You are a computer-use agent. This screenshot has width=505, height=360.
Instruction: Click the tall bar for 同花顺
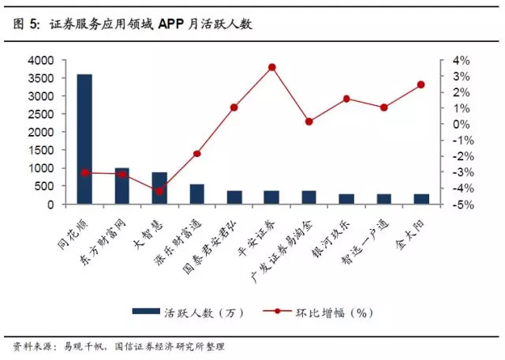(x=84, y=139)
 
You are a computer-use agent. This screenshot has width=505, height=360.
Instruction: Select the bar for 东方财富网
(x=122, y=186)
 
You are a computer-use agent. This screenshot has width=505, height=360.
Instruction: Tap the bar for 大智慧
(x=159, y=189)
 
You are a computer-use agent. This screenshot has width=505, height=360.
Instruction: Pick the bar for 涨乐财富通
(x=196, y=194)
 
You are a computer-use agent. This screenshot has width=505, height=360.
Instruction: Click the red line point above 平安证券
(x=271, y=67)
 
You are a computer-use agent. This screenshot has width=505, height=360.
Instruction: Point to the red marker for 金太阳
(x=421, y=84)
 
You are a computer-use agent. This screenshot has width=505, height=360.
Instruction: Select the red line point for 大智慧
(x=159, y=191)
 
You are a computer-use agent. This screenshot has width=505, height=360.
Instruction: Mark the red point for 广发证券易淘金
(x=309, y=122)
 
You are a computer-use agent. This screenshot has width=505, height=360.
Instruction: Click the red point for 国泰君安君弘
(x=234, y=107)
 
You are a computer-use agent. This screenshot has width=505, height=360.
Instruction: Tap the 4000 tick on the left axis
(x=41, y=60)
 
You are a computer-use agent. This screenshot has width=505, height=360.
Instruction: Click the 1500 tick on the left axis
(x=41, y=150)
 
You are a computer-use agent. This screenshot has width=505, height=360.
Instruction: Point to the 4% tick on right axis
(x=462, y=60)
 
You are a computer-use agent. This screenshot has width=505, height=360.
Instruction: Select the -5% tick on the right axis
(x=462, y=204)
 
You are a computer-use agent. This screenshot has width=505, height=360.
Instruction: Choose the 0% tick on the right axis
(x=462, y=124)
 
